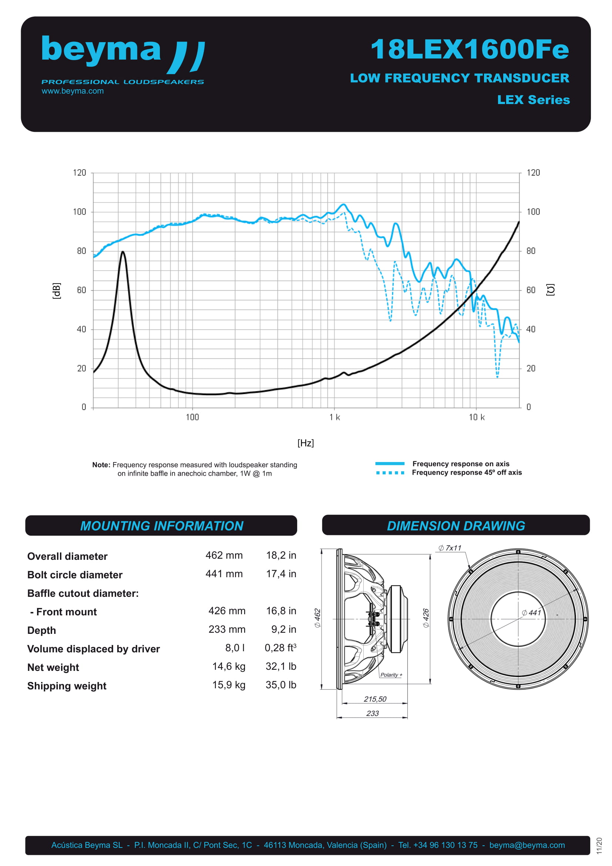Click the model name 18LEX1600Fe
point(470,49)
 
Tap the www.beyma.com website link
point(73,91)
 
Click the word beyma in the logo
point(101,49)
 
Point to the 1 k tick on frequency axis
point(334,417)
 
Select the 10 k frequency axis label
point(476,417)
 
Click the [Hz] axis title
point(305,442)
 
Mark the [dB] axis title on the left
point(56,290)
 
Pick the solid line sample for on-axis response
point(390,464)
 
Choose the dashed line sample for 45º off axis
point(390,472)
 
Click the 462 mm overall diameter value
point(224,555)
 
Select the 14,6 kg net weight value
point(229,666)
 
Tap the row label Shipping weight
point(67,686)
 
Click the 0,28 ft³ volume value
point(280,648)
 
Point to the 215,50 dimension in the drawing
point(375,699)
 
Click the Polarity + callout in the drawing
point(391,675)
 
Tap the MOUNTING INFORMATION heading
point(162,526)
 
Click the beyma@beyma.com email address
point(527,845)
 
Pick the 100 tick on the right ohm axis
point(533,212)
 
